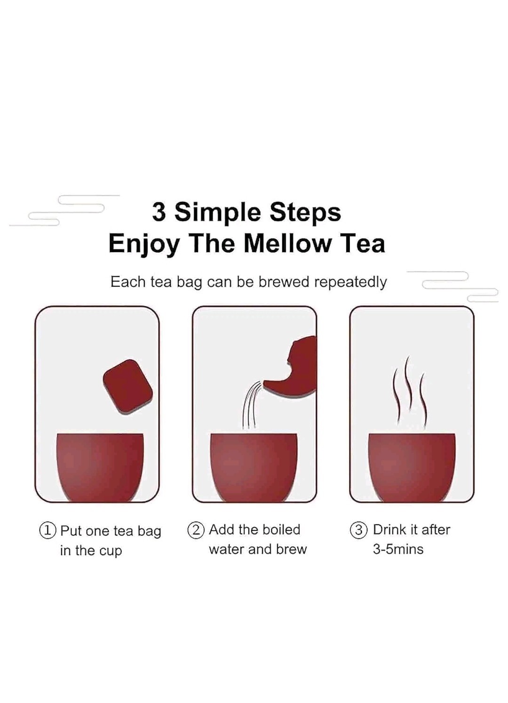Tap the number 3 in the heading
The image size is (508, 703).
pyautogui.click(x=159, y=212)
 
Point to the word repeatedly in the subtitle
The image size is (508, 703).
pyautogui.click(x=350, y=283)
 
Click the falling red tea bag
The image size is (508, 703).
pyautogui.click(x=128, y=388)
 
